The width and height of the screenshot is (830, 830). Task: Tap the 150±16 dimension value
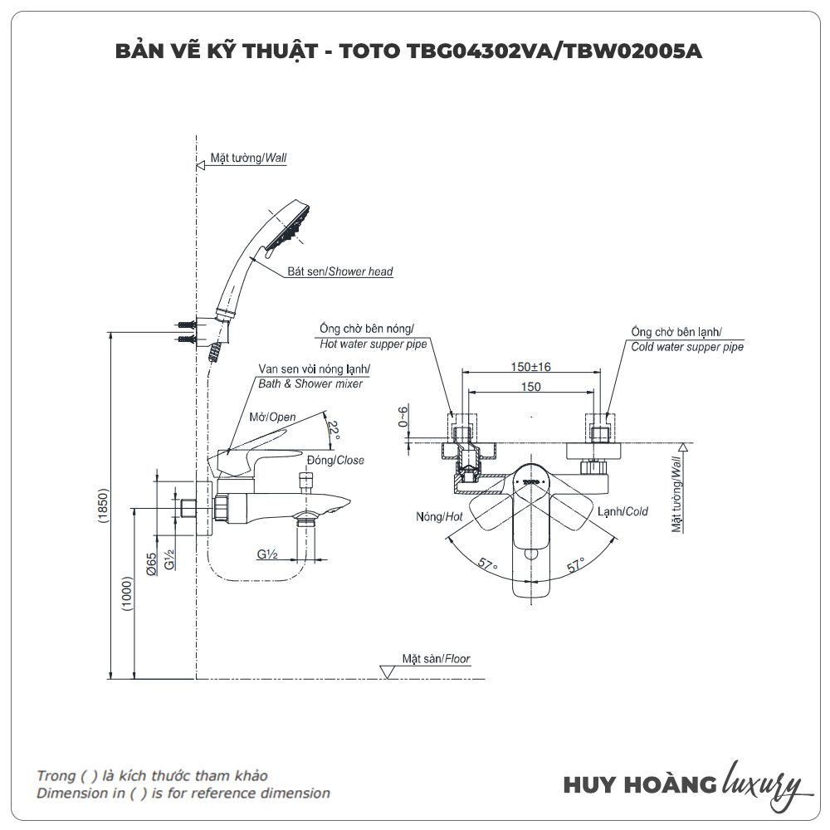click(531, 367)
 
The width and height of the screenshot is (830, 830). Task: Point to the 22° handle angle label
click(334, 431)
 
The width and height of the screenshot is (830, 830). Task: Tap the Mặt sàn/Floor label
click(436, 658)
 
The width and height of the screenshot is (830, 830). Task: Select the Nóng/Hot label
click(439, 516)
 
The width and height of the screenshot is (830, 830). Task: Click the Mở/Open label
click(272, 417)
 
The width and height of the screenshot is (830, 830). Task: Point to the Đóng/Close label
click(335, 460)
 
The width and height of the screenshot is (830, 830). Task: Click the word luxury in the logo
click(762, 783)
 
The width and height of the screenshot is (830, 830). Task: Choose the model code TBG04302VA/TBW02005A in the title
click(555, 51)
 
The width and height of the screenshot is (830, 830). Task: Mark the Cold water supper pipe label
click(687, 347)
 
